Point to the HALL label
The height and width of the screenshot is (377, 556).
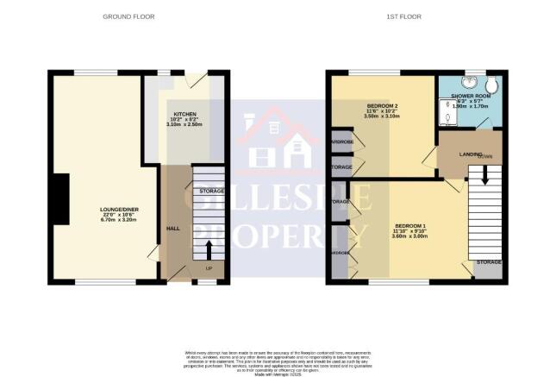[x=172, y=228]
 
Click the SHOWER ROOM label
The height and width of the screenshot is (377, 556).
[x=470, y=96]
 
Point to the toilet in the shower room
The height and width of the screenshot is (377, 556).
[x=493, y=85]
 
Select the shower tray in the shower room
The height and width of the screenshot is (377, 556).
[x=448, y=113]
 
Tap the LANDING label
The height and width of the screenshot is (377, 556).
[x=470, y=154]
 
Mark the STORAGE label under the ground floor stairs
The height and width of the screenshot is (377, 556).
[x=211, y=190]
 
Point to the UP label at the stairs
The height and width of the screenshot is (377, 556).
[x=208, y=268]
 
